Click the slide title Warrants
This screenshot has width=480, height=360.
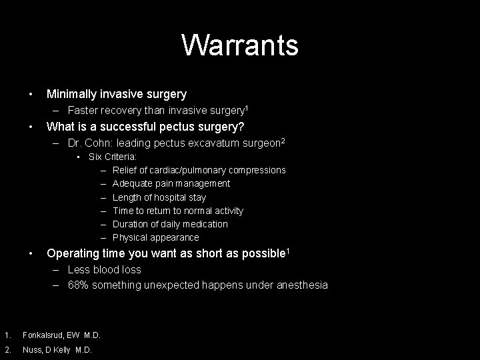239,45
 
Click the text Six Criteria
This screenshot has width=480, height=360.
113,157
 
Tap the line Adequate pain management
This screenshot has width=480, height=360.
171,183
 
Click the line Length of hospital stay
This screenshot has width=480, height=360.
159,197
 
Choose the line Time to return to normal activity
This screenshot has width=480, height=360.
178,211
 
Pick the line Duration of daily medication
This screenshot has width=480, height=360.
170,224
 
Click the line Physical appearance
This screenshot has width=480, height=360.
156,237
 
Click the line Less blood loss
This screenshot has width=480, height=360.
104,269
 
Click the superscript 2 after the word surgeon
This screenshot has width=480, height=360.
283,140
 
